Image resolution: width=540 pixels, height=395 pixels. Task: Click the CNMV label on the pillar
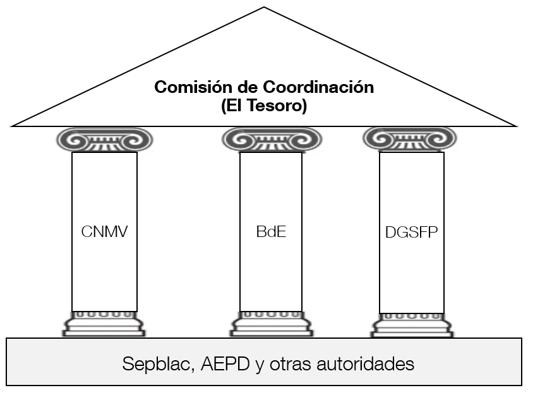pos(104,232)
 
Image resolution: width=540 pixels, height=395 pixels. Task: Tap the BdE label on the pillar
pos(271,232)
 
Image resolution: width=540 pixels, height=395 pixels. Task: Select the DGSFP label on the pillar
pos(412,232)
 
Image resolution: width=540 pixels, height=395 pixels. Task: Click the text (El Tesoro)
pos(264,106)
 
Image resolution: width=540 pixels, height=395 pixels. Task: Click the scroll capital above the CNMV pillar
pos(104,140)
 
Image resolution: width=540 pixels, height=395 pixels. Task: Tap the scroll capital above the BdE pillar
pos(271,140)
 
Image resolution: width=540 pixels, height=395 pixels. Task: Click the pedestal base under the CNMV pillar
pos(104,324)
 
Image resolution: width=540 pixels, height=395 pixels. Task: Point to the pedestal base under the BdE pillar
pos(271,324)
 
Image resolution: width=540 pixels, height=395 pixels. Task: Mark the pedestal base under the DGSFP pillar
pos(412,324)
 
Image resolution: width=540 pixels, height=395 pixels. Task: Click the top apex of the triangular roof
pos(264,8)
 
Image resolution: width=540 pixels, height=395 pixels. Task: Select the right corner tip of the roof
pos(517,126)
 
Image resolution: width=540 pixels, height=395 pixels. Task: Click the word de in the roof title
pos(239,87)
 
